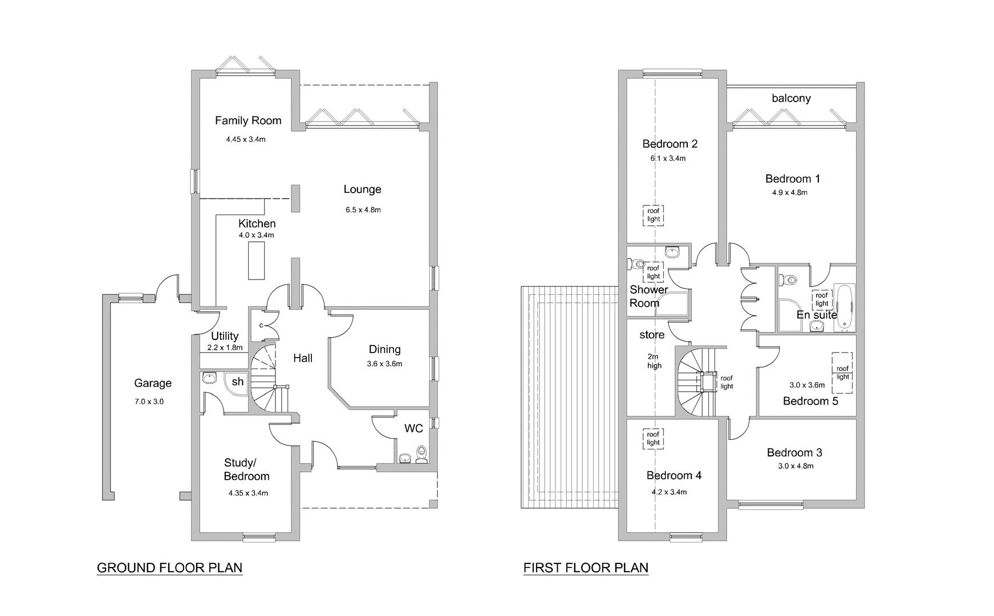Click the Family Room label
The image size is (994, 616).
(248, 120)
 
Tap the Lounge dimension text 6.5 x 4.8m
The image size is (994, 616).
(363, 210)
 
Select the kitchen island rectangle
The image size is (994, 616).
(257, 261)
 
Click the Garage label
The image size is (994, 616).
(152, 383)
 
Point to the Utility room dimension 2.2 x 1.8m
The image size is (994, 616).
(225, 347)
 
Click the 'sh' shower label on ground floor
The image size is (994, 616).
(238, 382)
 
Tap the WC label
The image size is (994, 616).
(413, 428)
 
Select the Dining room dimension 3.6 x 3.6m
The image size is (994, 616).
(384, 364)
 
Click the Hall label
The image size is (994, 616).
(303, 358)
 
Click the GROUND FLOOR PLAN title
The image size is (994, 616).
(169, 568)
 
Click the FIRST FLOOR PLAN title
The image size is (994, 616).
(586, 568)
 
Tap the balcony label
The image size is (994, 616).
(791, 98)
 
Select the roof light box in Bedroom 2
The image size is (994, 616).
(654, 215)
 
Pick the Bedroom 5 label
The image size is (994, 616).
(810, 401)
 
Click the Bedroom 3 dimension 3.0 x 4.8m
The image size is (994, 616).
(796, 466)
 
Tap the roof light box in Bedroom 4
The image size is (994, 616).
(653, 439)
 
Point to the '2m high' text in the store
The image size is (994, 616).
(654, 361)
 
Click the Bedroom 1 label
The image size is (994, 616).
(793, 179)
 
